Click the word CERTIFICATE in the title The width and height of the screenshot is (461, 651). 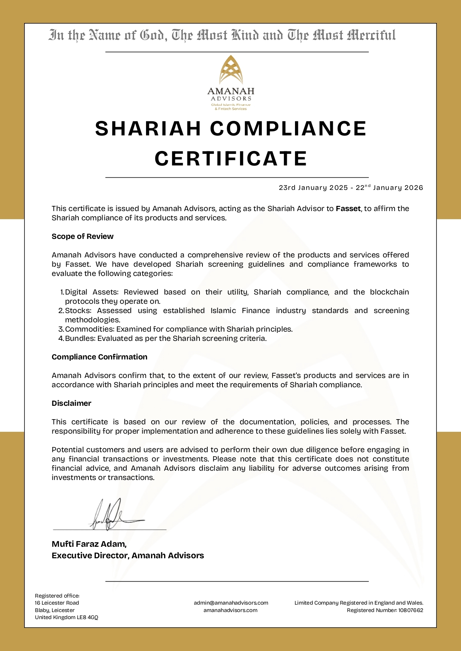coord(231,159)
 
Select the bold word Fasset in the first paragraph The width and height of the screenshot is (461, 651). coord(348,208)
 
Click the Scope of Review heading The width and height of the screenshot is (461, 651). coord(82,236)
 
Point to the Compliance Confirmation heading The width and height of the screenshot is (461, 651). coord(100,357)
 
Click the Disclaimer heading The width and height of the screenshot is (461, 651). coord(71,403)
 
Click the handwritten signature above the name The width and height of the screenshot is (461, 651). coord(111,516)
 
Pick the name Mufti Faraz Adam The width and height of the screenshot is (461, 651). coord(89,544)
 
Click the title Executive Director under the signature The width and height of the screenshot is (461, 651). coord(90,556)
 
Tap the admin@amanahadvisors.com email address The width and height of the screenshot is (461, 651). coord(231,603)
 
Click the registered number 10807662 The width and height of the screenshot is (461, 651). coord(410,610)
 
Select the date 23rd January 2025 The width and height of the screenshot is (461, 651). coord(313,188)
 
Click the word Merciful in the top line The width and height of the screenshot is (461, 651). coord(371,36)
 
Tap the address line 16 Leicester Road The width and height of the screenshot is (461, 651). coord(57,603)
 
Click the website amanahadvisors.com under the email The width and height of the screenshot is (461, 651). coord(230,610)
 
